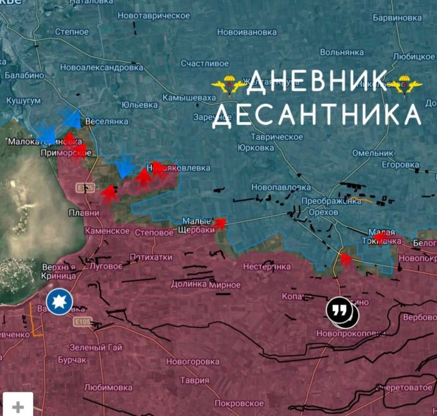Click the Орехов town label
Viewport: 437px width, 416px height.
[x=323, y=212]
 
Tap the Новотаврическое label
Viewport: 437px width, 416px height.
[x=154, y=16]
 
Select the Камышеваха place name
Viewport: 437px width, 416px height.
[x=189, y=98]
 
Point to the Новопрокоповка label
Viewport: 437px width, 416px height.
[x=352, y=333]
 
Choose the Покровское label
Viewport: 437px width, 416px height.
[x=239, y=403]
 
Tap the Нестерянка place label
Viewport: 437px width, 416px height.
[x=267, y=267]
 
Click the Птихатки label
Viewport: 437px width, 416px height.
[x=151, y=257]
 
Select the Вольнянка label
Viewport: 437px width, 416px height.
[x=341, y=53]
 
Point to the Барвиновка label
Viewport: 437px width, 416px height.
[x=397, y=18]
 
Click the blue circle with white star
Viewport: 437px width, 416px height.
[x=59, y=302]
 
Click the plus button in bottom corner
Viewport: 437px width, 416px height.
[x=18, y=406]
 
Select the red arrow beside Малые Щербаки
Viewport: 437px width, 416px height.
[x=220, y=224]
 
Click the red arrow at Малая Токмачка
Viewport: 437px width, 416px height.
[x=380, y=239]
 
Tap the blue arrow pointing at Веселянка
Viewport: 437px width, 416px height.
[x=71, y=119]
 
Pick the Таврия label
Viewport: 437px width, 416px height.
[x=194, y=380]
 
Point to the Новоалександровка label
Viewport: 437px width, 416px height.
[x=101, y=68]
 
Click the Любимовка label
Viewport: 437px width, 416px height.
[x=108, y=387]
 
